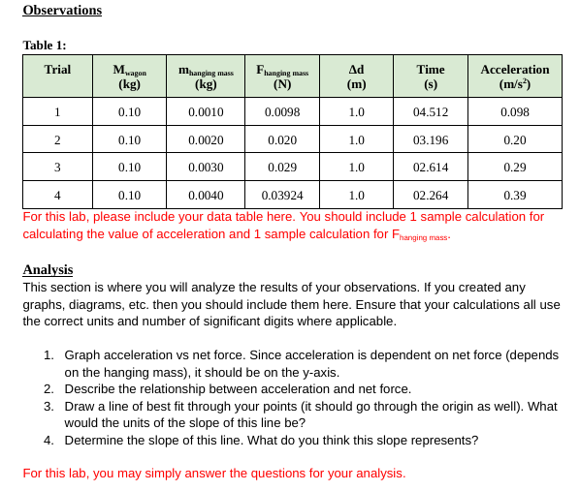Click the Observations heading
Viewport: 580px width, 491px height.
[x=62, y=11]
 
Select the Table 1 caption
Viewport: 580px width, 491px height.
[x=45, y=46]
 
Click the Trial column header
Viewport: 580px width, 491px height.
[x=57, y=70]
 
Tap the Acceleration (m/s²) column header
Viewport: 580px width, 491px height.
[x=514, y=77]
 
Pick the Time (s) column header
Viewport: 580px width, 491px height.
[x=430, y=77]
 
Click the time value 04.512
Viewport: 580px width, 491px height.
[x=430, y=112]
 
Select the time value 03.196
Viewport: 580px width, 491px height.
[x=430, y=140]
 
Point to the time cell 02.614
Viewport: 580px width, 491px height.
[x=430, y=168]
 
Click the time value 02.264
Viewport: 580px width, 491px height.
[x=430, y=195]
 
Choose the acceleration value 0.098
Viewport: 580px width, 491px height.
[x=514, y=112]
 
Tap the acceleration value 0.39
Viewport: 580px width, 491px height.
[x=514, y=195]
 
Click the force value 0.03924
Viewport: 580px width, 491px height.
[x=282, y=195]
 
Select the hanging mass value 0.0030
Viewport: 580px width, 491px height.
[x=206, y=168]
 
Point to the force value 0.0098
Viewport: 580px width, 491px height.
[x=282, y=112]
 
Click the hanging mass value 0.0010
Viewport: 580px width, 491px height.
[x=206, y=112]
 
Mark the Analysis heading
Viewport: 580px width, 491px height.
[x=48, y=270]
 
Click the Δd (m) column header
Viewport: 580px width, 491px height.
[x=356, y=77]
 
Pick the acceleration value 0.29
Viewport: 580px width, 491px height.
[x=514, y=168]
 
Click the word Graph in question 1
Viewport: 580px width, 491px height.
[x=82, y=355]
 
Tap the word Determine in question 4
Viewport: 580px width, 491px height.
[x=95, y=441]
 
